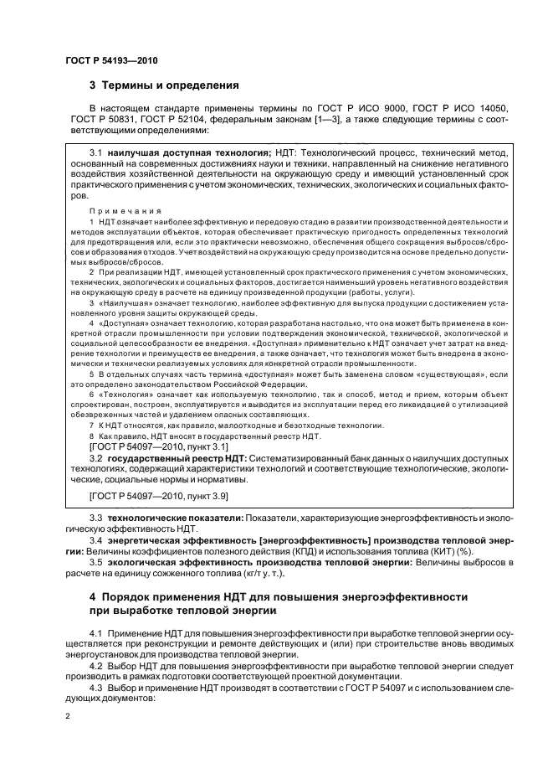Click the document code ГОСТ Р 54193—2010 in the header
coord(110,61)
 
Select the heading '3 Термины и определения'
coord(165,85)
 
